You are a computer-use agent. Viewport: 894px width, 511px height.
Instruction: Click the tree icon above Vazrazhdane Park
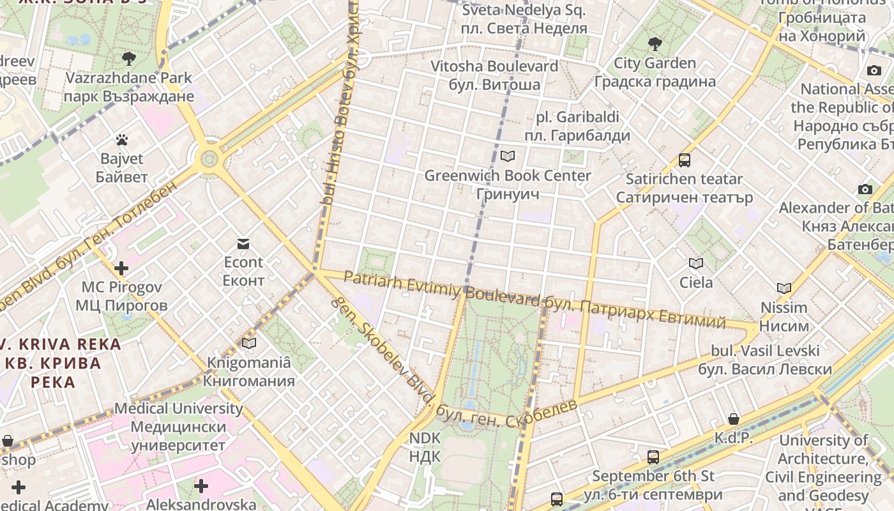(128, 59)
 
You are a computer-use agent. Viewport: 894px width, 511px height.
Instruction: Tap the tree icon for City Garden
(655, 44)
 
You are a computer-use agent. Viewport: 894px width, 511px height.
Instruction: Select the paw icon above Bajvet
(122, 139)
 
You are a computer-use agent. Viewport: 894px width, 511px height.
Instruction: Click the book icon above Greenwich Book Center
(508, 156)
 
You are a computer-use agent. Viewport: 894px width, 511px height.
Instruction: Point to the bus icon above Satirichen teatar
(685, 160)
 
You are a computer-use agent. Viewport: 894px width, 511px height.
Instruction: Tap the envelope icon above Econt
(243, 243)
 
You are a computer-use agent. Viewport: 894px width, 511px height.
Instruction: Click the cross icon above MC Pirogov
(121, 268)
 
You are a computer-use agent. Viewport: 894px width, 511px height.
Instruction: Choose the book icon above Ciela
(696, 263)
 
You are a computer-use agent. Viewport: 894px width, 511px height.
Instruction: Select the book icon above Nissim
(784, 288)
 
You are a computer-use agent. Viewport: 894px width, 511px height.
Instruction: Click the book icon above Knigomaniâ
(249, 343)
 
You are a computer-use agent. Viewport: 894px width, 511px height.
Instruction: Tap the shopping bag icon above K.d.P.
(734, 419)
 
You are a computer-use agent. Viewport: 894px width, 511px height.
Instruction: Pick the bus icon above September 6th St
(653, 457)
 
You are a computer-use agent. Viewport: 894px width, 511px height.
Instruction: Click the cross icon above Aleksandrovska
(201, 486)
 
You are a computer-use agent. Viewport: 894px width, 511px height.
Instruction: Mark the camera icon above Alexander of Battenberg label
(865, 189)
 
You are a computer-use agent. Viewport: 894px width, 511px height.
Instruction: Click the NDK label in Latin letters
(425, 438)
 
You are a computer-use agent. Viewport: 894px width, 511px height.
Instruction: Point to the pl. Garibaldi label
(577, 118)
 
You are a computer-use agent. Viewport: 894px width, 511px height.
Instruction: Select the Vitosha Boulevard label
(494, 66)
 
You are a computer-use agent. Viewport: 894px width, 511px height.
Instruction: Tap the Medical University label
(178, 408)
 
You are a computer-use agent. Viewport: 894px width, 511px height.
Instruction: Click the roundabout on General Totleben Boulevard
(209, 158)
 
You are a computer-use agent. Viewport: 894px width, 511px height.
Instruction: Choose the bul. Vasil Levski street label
(765, 351)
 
